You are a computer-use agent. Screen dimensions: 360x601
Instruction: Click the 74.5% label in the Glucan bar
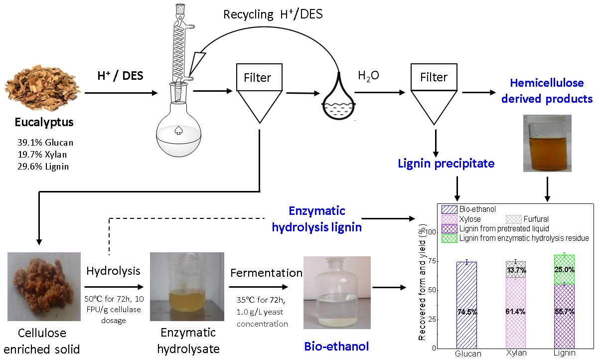pyautogui.click(x=466, y=312)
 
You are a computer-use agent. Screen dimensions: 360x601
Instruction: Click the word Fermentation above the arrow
pyautogui.click(x=266, y=273)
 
